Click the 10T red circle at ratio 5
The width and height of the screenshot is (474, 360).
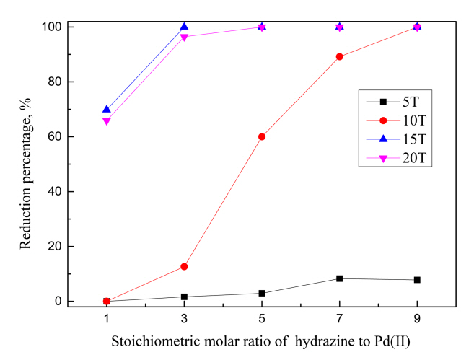(x=262, y=136)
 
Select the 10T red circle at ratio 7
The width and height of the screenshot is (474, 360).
(x=339, y=56)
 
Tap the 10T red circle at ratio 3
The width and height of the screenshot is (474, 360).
(x=184, y=267)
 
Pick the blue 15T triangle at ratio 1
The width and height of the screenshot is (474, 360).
(x=107, y=110)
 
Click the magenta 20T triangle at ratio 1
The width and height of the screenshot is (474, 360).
(x=107, y=121)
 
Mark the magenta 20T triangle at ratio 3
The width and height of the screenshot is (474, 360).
(x=184, y=38)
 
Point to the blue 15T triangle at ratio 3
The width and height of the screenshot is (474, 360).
(x=184, y=27)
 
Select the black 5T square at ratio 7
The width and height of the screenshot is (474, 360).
(x=339, y=278)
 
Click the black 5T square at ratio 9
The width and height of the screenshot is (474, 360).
(x=417, y=280)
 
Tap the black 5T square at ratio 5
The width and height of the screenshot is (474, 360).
(x=262, y=293)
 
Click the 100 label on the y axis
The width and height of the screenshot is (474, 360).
(x=51, y=27)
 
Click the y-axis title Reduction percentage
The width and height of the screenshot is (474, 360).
(x=26, y=164)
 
